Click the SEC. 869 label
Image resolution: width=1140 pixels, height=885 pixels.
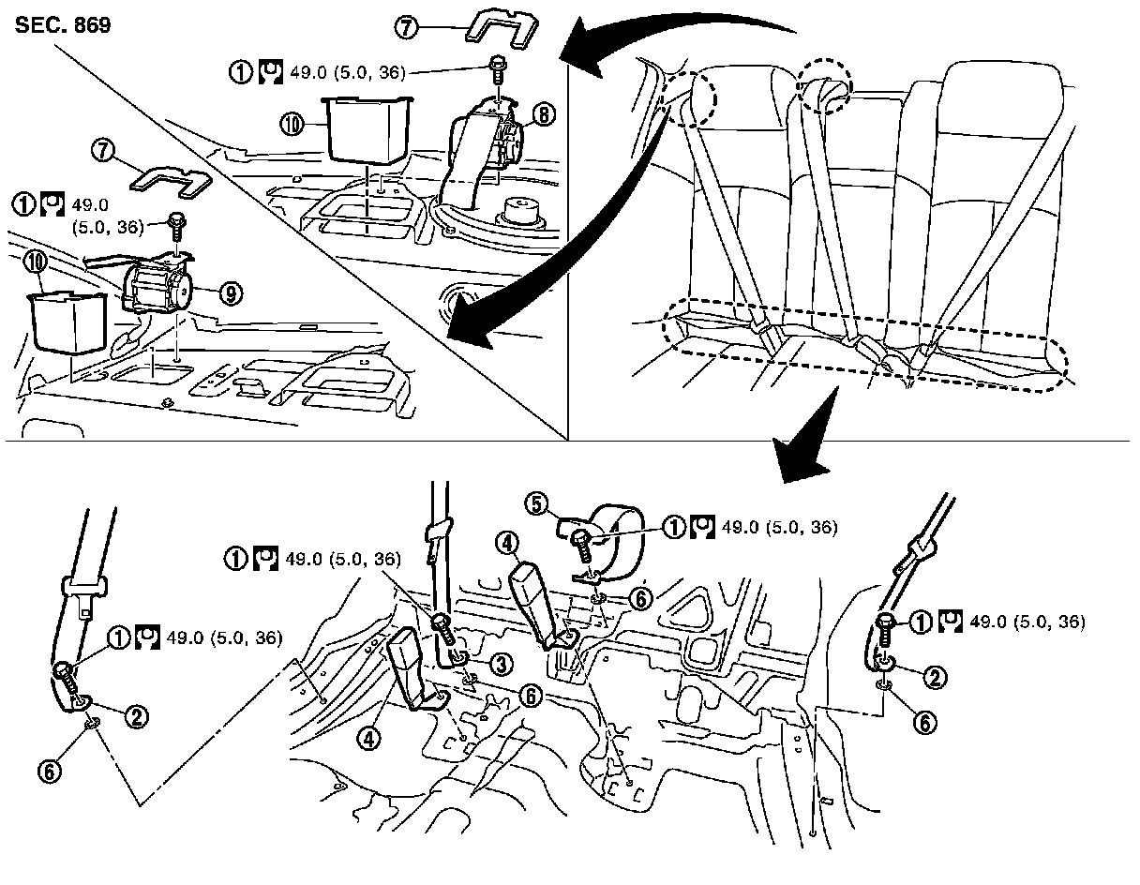(63, 25)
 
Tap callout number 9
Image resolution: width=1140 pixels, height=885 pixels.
(228, 293)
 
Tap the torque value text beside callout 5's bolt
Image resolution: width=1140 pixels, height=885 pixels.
(778, 528)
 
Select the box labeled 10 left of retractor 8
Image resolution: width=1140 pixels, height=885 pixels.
(367, 130)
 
